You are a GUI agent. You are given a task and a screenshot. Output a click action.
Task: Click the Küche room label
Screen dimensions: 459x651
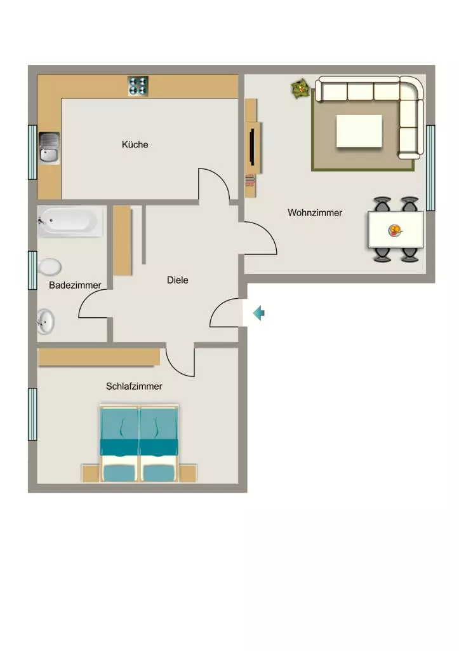tap(135, 144)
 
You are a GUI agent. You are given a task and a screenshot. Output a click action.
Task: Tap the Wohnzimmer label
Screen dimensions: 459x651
tap(315, 212)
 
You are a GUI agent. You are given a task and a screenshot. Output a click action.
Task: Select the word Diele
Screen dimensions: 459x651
tap(178, 280)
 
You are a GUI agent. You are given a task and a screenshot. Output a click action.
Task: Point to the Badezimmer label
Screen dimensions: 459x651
tap(75, 285)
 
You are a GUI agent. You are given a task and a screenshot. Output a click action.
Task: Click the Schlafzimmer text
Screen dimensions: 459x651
tap(134, 386)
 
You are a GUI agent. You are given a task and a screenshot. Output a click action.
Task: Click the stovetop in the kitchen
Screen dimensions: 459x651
tap(138, 86)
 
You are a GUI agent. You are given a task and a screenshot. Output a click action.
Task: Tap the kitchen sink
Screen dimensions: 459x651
tap(50, 147)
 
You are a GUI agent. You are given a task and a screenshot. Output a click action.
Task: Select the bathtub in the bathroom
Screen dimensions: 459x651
tap(70, 221)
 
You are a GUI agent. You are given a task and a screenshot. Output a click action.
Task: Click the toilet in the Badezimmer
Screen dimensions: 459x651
tap(50, 267)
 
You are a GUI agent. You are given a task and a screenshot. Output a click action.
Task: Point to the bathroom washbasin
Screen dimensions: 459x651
tap(46, 321)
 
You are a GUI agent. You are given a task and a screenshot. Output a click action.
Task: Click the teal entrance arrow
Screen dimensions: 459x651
tap(259, 313)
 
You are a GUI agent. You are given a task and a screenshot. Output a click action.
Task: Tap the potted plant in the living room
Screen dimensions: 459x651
tap(300, 88)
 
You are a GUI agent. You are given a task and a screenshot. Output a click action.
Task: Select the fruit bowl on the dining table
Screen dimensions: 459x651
tap(395, 230)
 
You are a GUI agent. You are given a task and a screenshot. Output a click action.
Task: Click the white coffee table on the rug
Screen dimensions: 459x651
tap(359, 131)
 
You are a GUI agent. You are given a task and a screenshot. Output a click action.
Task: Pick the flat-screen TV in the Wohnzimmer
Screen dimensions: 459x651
tap(251, 147)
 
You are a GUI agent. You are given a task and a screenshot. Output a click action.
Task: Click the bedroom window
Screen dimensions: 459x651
tap(32, 414)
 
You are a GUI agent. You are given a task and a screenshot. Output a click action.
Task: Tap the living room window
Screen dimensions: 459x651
tap(430, 168)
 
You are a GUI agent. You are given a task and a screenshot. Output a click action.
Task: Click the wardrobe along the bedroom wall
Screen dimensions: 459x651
tap(99, 357)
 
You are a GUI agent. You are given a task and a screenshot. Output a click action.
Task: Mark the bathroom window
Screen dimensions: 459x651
tap(32, 270)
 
